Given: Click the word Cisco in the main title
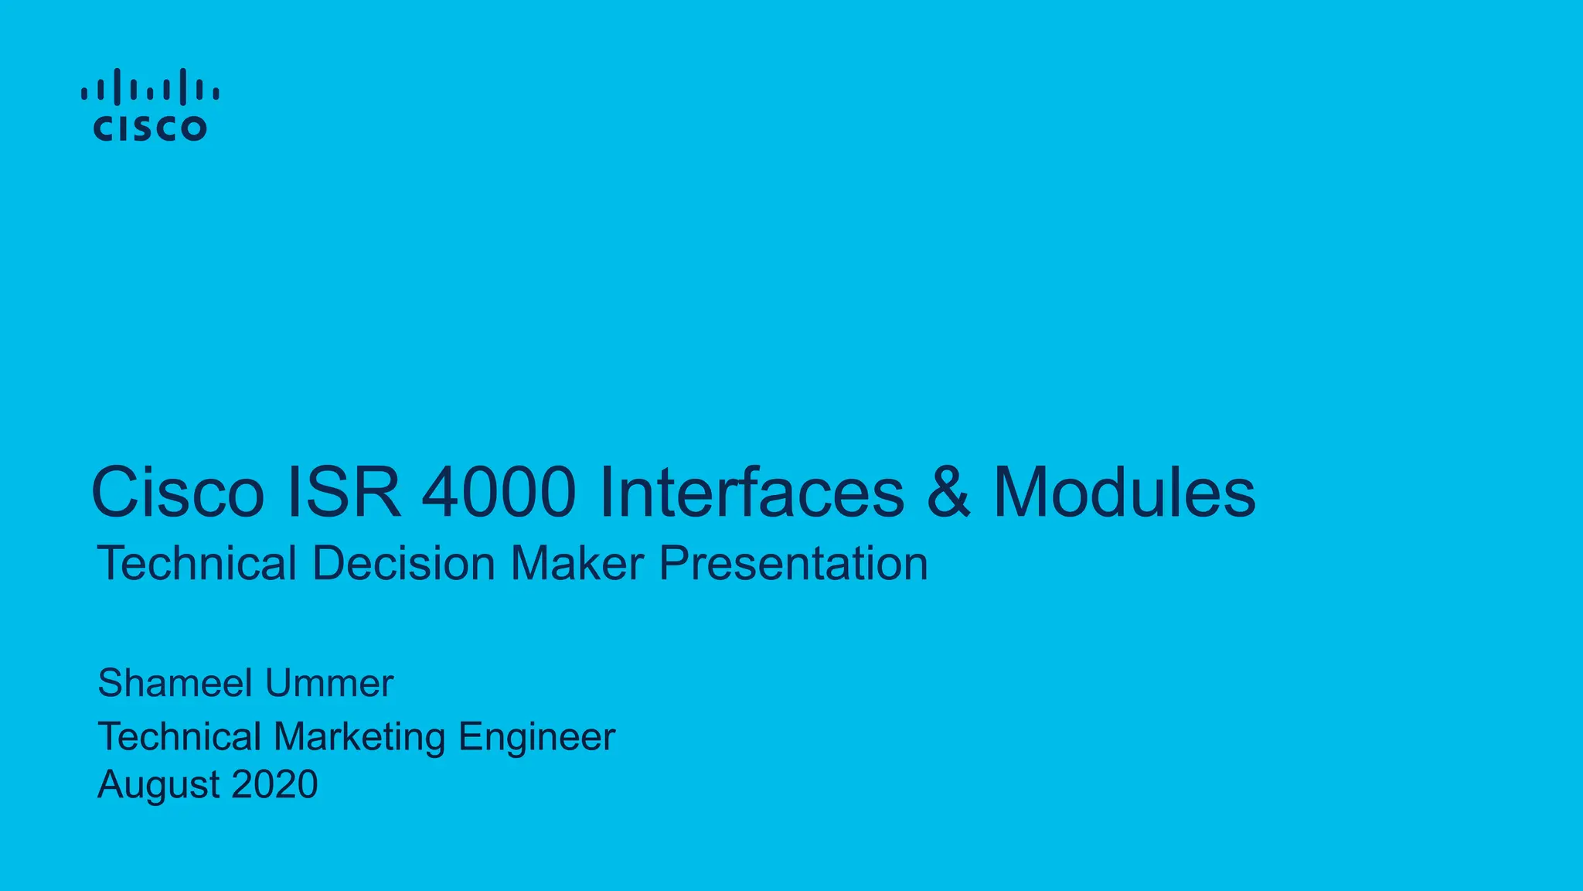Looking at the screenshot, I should (x=178, y=493).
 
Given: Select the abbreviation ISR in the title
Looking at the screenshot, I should (x=344, y=493).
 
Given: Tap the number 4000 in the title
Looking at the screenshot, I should (x=499, y=493).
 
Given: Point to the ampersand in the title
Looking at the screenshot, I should (x=948, y=493).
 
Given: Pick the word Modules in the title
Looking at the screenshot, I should (x=1124, y=493).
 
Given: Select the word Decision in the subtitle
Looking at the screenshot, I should (x=403, y=563).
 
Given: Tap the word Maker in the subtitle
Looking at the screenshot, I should (x=577, y=563).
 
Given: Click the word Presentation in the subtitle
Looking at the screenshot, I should (x=793, y=563).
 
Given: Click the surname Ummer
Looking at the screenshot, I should (x=329, y=683).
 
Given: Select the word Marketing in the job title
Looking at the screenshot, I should (x=359, y=736).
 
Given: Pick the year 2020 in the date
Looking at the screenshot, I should (x=274, y=784).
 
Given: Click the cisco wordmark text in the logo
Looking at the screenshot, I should (x=150, y=128).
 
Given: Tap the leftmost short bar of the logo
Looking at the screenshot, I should (x=84, y=94).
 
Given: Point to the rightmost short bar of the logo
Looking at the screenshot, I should (x=216, y=94).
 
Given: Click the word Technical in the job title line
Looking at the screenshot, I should (x=179, y=736).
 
